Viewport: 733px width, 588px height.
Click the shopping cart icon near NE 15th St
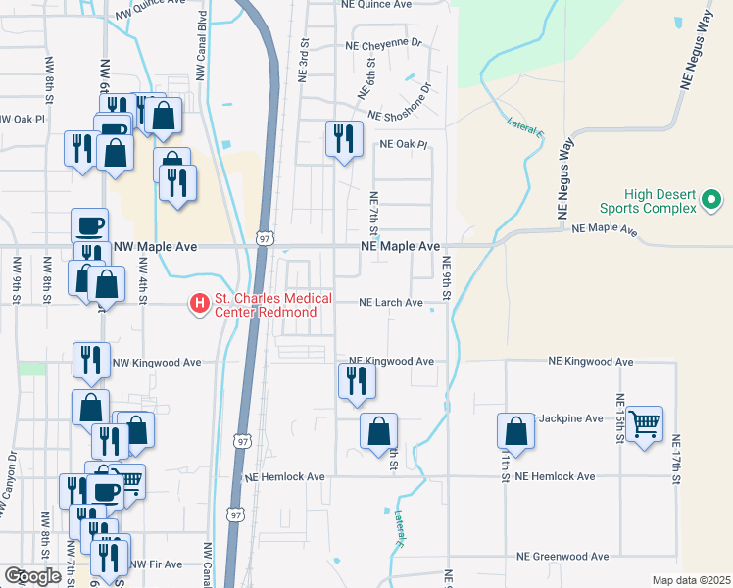point(644,423)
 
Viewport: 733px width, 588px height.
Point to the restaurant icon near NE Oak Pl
point(343,138)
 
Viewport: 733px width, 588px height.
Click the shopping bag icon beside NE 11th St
point(514,431)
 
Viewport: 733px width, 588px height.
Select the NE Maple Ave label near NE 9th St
point(400,247)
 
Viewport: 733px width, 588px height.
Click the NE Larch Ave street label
point(391,303)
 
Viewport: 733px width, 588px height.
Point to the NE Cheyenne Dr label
point(382,44)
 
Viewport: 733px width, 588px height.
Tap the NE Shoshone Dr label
point(399,115)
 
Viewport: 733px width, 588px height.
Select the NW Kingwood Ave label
point(157,362)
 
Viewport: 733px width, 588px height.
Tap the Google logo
point(32,576)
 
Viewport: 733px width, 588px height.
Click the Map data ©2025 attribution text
point(692,580)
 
